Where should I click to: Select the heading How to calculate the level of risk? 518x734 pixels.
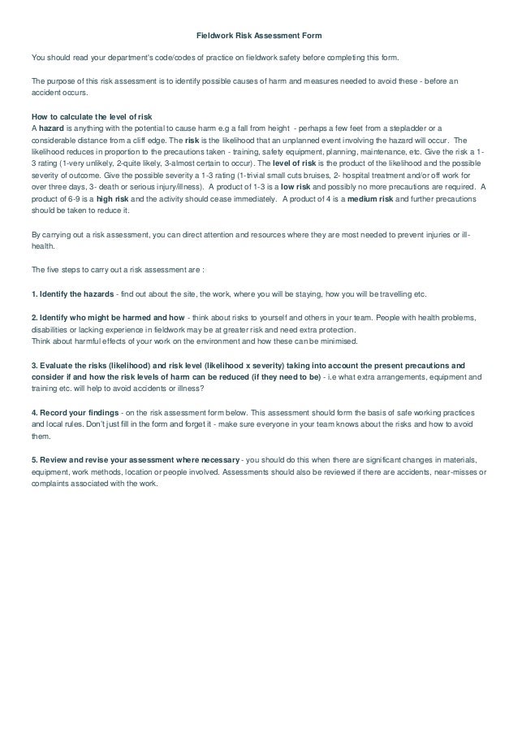coord(85,115)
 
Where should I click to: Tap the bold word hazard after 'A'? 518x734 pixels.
coord(50,128)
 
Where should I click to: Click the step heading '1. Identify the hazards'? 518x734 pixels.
coord(72,293)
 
